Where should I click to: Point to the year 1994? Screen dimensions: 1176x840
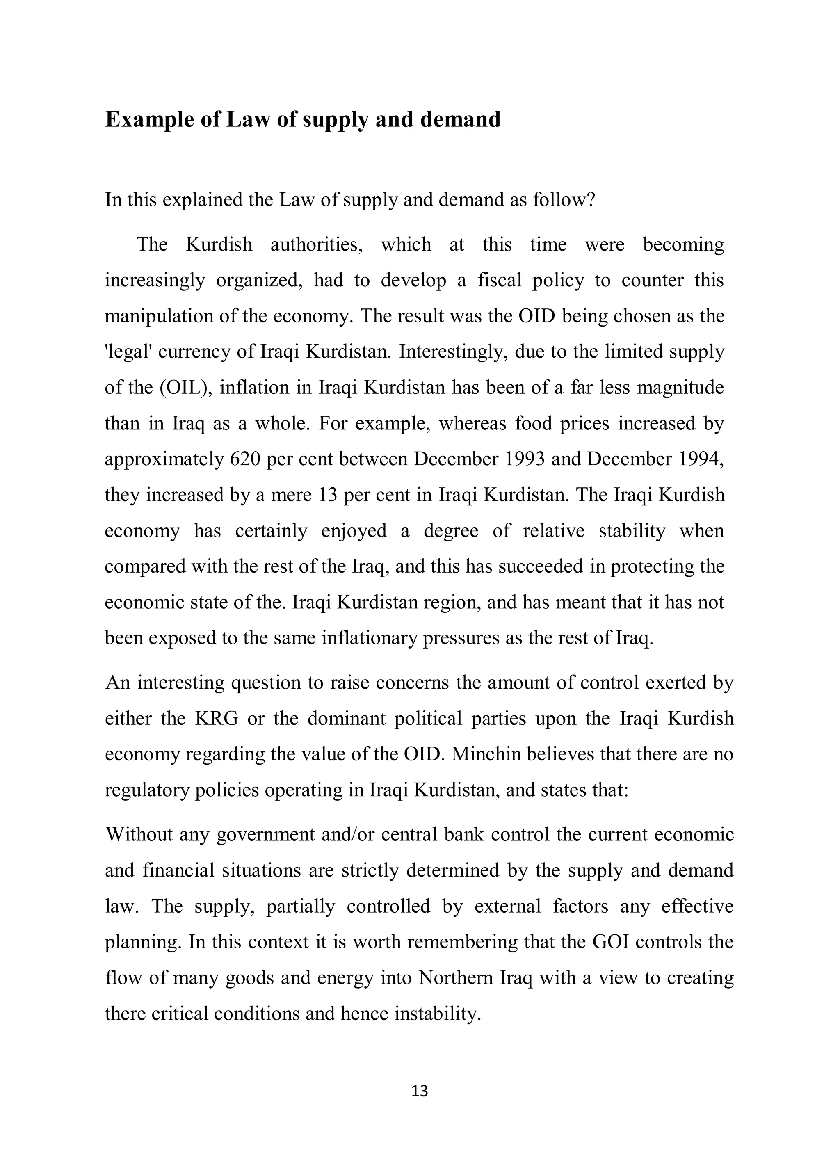pos(695,459)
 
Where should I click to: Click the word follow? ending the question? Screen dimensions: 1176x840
pos(564,200)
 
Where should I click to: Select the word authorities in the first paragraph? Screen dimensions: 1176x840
pos(317,244)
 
